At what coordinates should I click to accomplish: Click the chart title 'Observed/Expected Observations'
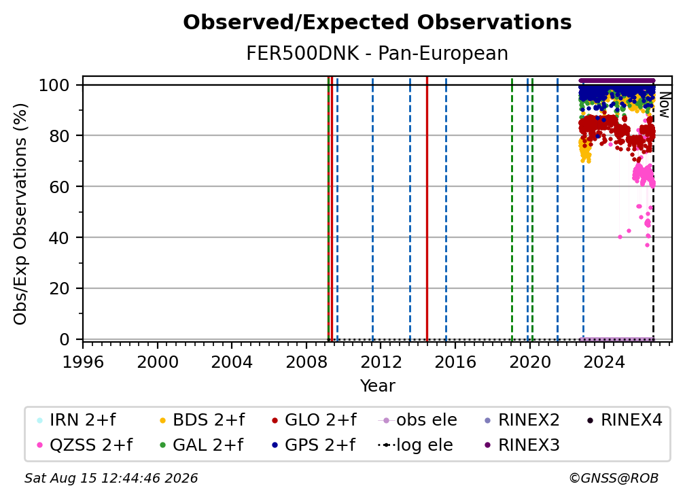pyautogui.click(x=377, y=22)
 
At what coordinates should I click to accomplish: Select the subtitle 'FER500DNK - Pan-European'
pyautogui.click(x=377, y=53)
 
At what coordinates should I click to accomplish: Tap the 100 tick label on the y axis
pyautogui.click(x=54, y=85)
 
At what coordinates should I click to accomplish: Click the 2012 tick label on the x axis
pyautogui.click(x=381, y=362)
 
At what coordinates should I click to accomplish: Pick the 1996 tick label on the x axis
pyautogui.click(x=83, y=362)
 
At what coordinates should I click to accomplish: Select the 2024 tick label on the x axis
pyautogui.click(x=603, y=362)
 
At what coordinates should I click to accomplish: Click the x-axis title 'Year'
pyautogui.click(x=377, y=386)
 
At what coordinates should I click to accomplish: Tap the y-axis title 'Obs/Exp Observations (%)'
pyautogui.click(x=20, y=214)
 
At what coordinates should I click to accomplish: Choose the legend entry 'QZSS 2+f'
pyautogui.click(x=85, y=445)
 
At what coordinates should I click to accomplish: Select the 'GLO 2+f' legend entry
pyautogui.click(x=314, y=420)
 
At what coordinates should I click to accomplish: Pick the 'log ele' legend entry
pyautogui.click(x=415, y=445)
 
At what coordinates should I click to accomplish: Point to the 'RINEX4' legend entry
pyautogui.click(x=625, y=420)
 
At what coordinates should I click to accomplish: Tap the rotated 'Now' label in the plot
pyautogui.click(x=664, y=105)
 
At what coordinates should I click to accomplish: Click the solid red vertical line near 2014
pyautogui.click(x=427, y=209)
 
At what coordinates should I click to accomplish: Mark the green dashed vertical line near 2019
pyautogui.click(x=512, y=209)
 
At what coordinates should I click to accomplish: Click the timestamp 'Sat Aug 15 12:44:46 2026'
pyautogui.click(x=111, y=478)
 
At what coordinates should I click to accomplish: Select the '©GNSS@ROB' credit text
pyautogui.click(x=614, y=478)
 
